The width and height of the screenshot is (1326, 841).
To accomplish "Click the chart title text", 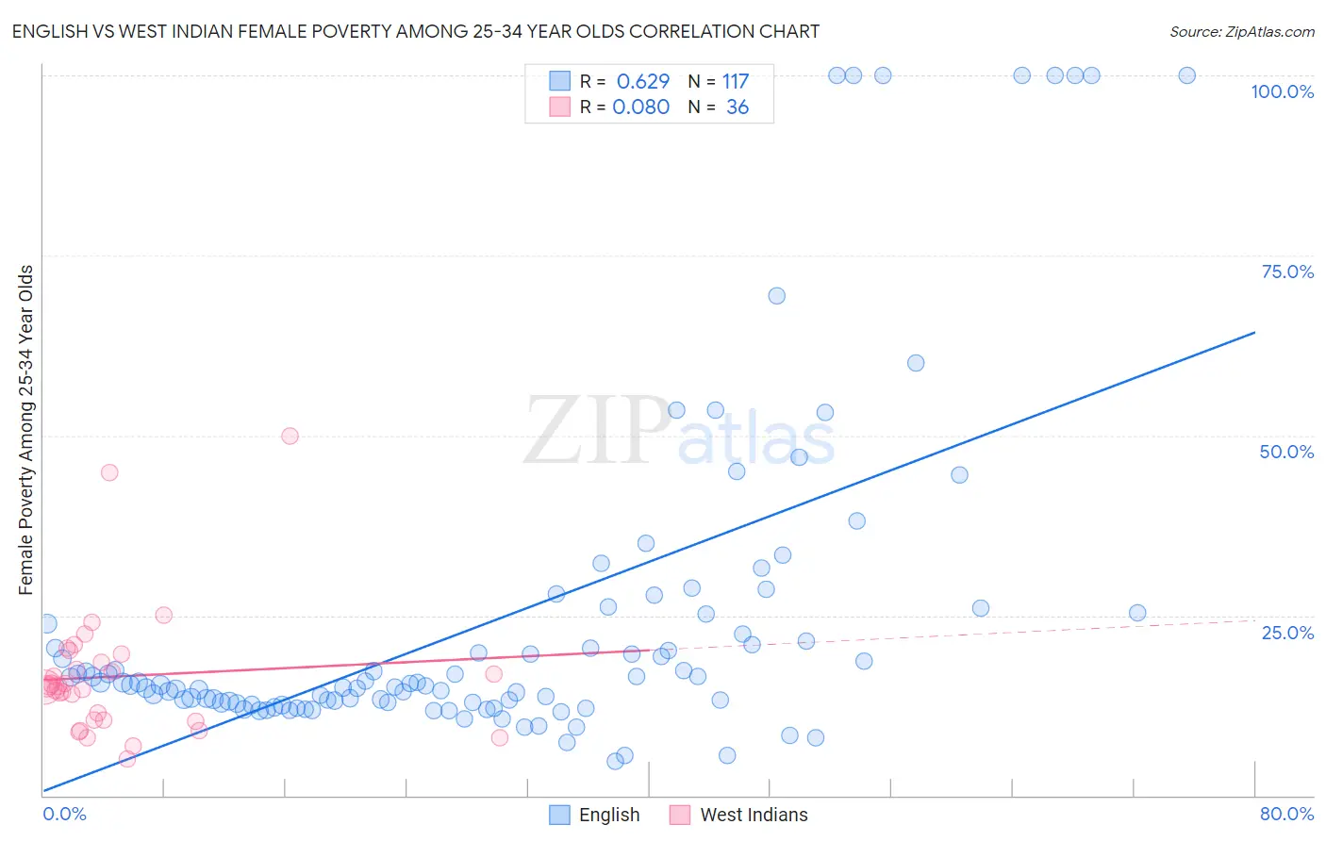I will [415, 31].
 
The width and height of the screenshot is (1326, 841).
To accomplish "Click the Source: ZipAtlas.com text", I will [1241, 31].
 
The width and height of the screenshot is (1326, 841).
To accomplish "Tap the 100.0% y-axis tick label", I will [1282, 91].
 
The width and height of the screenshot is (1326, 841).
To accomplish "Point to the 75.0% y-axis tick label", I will [1286, 272].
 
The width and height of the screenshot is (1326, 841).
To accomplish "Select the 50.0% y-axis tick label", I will [1286, 452].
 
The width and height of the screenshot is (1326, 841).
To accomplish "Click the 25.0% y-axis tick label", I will [1286, 633].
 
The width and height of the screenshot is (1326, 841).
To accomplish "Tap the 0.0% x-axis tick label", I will [64, 814].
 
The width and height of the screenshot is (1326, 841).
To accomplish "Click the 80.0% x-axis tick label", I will [1286, 814].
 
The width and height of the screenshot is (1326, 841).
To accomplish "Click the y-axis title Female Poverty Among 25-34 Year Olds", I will [26, 430].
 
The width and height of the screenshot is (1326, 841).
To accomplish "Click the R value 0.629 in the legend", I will [642, 82].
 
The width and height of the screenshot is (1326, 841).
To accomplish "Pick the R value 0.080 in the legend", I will [640, 107].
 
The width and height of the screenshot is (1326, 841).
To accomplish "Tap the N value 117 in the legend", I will [736, 82].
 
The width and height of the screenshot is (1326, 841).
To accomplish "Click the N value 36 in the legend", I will [737, 107].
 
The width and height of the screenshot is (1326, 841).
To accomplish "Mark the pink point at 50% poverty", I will [290, 436].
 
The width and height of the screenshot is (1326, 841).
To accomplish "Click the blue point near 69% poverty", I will [776, 296].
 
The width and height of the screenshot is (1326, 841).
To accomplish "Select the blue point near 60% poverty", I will [915, 363].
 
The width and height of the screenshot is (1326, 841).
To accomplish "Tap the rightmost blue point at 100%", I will [1186, 75].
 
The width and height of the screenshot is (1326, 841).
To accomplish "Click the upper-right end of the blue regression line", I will [1254, 332].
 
